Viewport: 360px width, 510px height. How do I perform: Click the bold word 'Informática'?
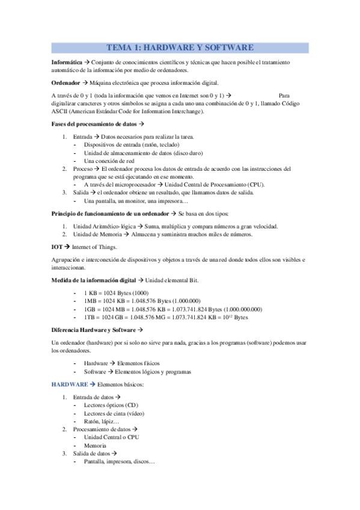click(69, 63)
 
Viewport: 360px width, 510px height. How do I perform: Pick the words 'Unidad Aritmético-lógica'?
click(104, 226)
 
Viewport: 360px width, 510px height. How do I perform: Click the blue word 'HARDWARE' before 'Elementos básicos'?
click(69, 384)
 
